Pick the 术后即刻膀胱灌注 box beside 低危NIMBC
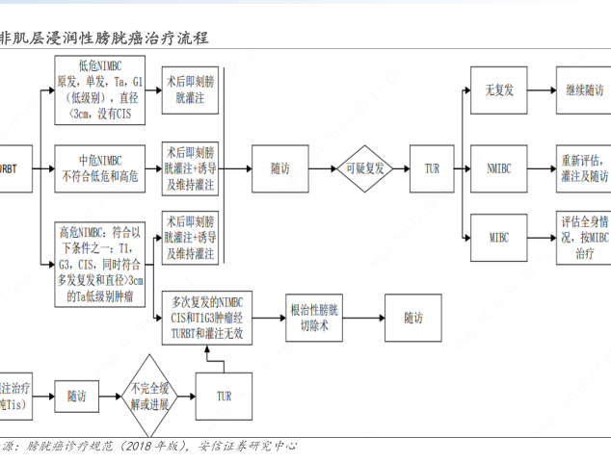point(191,90)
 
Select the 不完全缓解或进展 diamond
point(148,395)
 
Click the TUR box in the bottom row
point(224,396)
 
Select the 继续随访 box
point(583,90)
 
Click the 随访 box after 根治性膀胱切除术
point(412,318)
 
